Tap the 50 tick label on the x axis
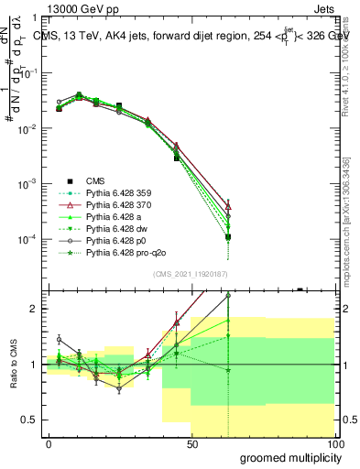192,442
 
